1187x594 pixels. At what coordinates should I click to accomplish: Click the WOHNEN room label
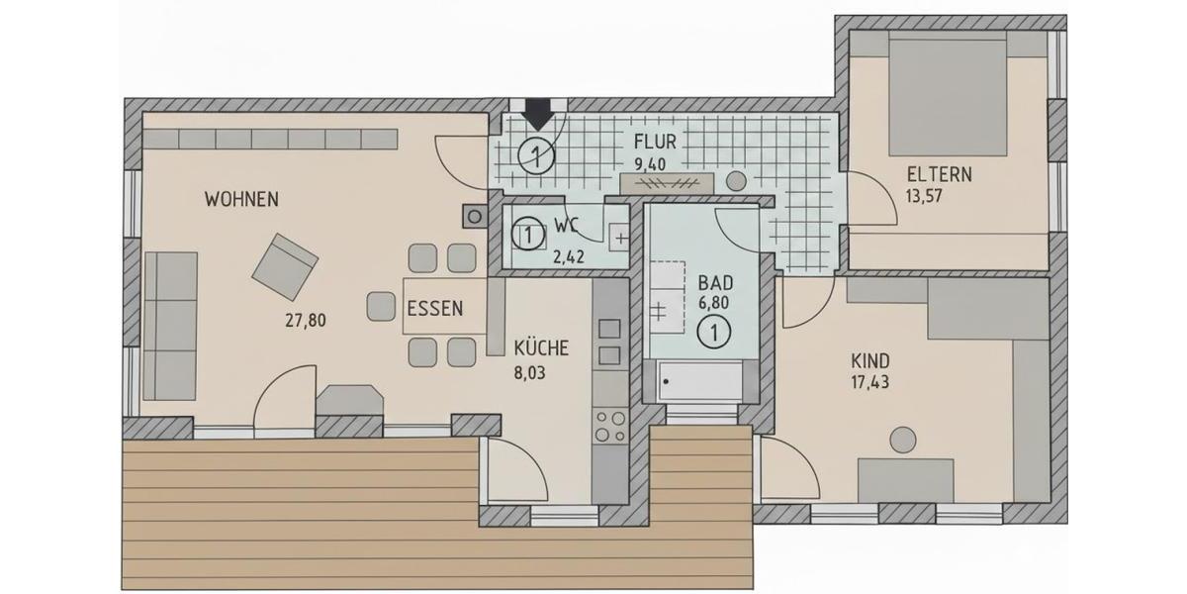(241, 199)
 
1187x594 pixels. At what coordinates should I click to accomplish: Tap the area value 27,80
(305, 320)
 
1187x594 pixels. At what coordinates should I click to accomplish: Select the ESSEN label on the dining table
(434, 308)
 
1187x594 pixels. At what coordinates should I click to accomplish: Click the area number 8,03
(530, 373)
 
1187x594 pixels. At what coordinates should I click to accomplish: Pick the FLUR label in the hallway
(655, 141)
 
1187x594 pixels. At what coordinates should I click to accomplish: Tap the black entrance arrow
(537, 115)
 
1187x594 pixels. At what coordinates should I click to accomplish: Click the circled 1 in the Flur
(534, 154)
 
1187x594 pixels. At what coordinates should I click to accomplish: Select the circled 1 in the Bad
(713, 334)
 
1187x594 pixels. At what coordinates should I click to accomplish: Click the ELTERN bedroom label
(939, 175)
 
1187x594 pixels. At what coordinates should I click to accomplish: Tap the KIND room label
(869, 359)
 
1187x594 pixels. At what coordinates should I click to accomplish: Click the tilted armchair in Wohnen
(285, 265)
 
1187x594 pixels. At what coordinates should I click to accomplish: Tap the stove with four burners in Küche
(609, 426)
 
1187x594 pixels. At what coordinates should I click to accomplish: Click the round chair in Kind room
(902, 439)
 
